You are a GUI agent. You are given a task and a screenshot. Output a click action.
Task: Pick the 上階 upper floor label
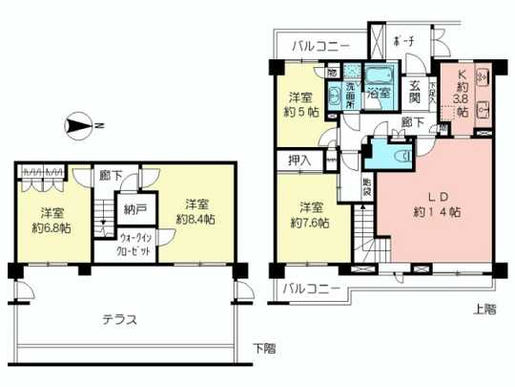point(484,307)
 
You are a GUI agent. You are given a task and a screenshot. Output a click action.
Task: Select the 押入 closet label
point(299,161)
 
